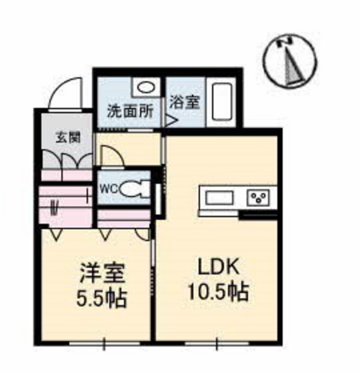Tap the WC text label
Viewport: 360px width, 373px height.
(109, 189)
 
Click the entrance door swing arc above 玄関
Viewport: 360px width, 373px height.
(67, 93)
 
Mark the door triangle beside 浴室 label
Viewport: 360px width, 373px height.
(170, 121)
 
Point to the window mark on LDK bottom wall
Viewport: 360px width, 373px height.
(216, 344)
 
